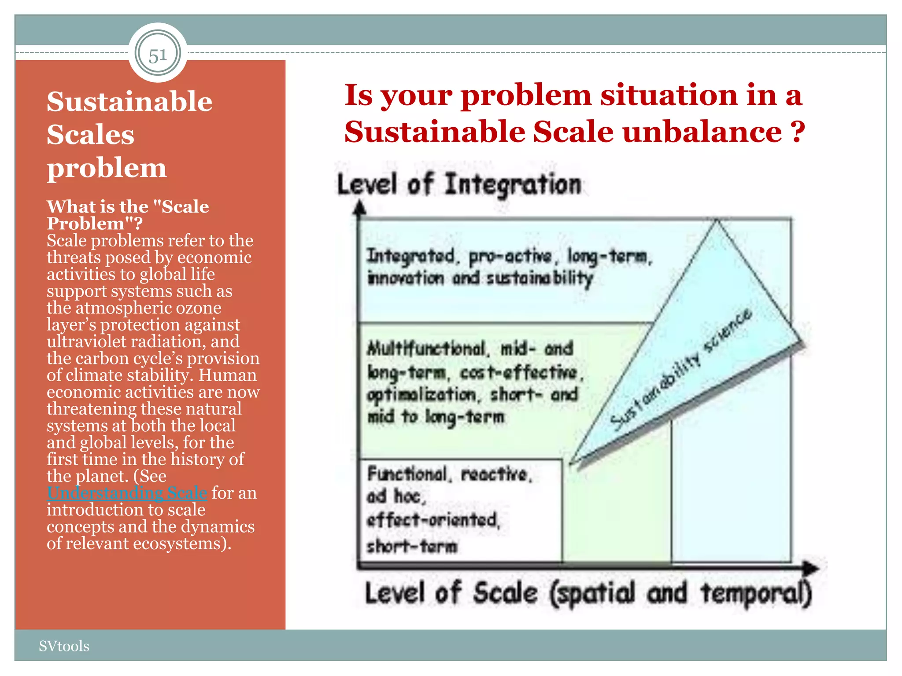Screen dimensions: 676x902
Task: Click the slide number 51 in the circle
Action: pyautogui.click(x=158, y=55)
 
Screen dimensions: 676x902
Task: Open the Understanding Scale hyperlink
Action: pyautogui.click(x=127, y=492)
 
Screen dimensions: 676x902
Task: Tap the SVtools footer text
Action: pyautogui.click(x=64, y=646)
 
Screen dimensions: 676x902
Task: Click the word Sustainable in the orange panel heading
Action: pyautogui.click(x=129, y=102)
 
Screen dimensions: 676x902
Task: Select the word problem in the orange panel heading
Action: pyautogui.click(x=107, y=168)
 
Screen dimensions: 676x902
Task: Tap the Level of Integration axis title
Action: pyautogui.click(x=459, y=184)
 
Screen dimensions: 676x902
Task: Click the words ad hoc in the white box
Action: pyautogui.click(x=396, y=496)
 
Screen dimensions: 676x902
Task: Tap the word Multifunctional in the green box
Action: pyautogui.click(x=427, y=349)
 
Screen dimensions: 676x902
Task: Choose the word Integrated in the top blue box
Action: pyautogui.click(x=410, y=256)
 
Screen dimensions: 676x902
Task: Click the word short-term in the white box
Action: pyautogui.click(x=412, y=546)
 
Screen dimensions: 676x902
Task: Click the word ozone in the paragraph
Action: pyautogui.click(x=199, y=308)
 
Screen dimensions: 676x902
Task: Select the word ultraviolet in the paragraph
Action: pyautogui.click(x=94, y=342)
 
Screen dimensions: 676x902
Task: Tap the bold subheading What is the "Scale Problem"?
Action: pyautogui.click(x=128, y=215)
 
